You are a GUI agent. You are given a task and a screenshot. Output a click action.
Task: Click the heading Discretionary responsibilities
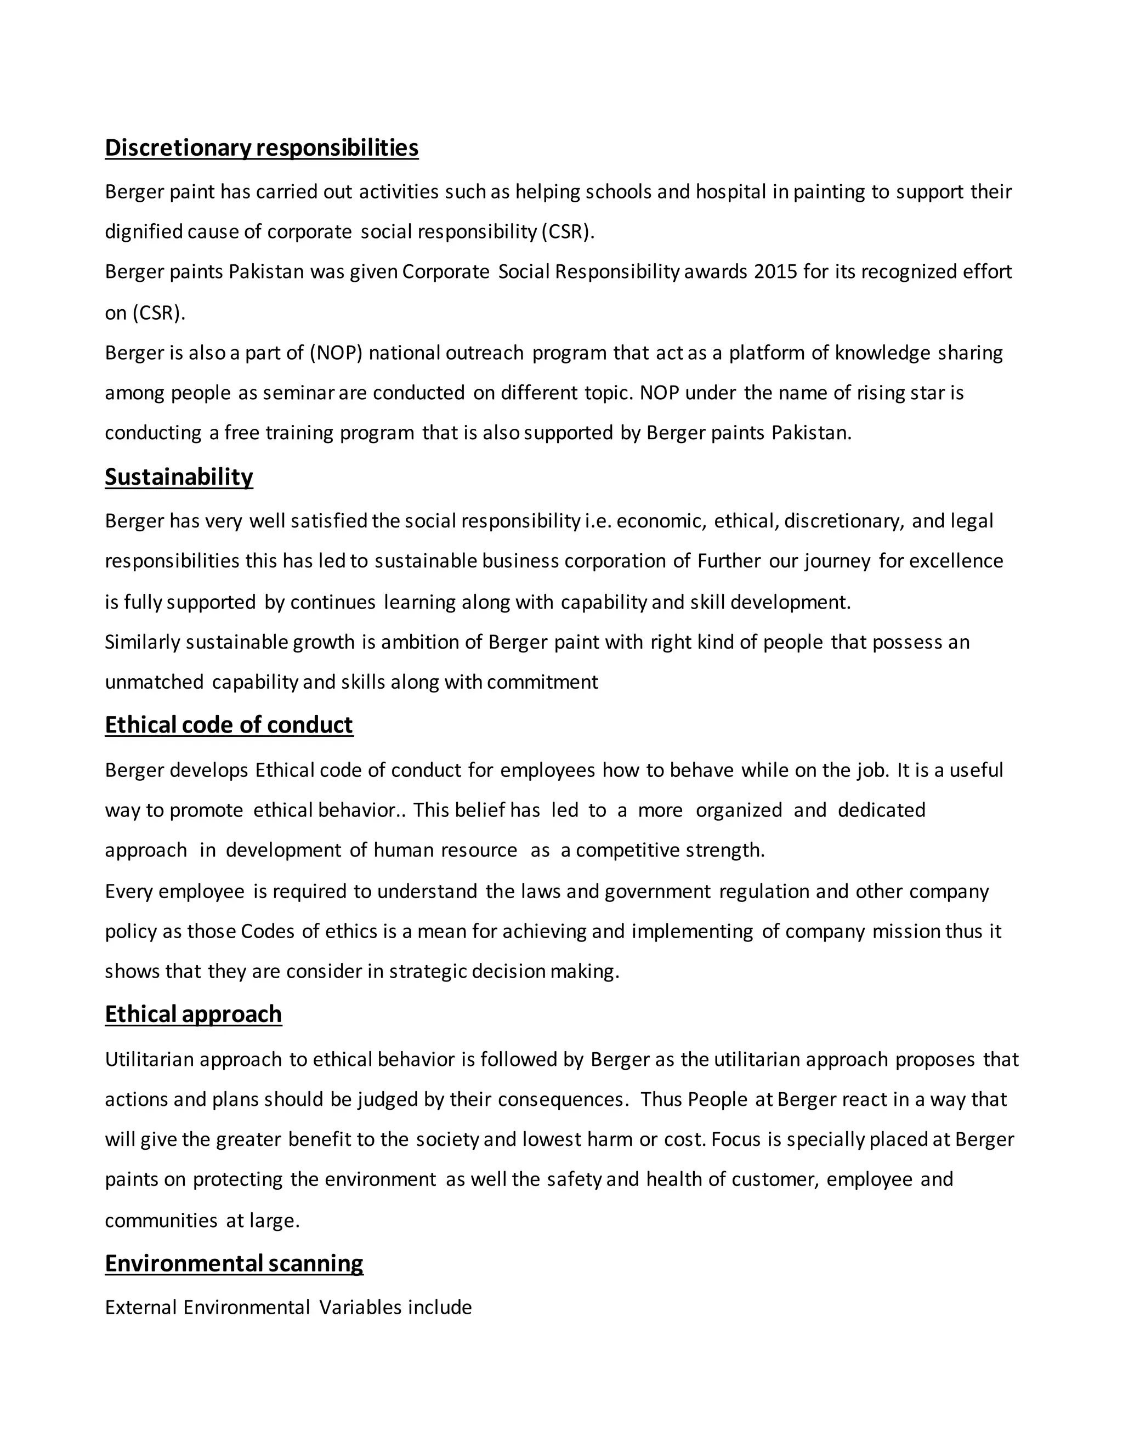[262, 147]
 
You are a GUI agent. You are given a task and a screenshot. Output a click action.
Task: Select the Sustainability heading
[179, 477]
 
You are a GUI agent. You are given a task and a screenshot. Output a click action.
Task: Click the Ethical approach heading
[194, 1014]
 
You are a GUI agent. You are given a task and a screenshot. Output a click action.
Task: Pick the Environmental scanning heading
[234, 1263]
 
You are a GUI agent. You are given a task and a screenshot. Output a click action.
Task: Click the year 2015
[775, 272]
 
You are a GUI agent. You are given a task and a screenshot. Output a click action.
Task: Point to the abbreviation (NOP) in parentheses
[336, 353]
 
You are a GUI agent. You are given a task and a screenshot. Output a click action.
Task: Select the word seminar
[298, 393]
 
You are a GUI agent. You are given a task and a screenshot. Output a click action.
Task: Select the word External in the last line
[140, 1307]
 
